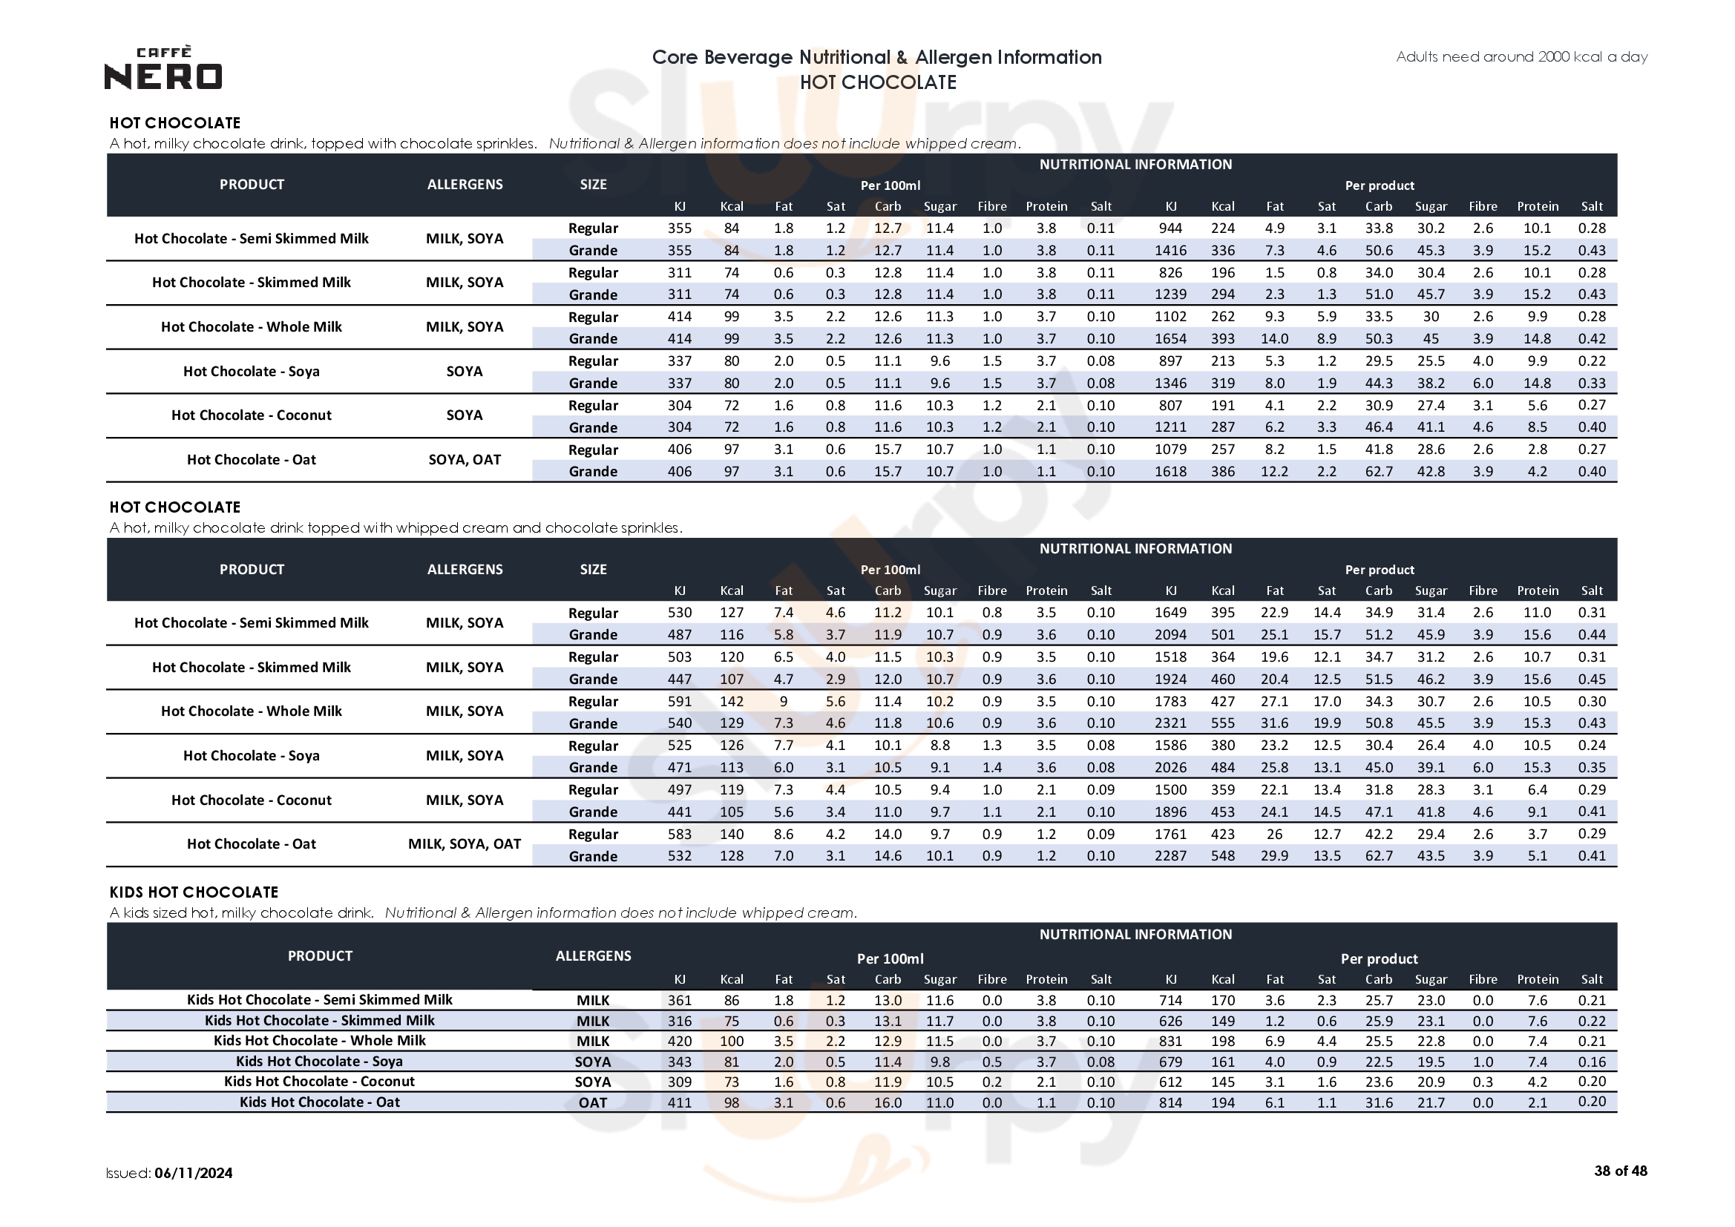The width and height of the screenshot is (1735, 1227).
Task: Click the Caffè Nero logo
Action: pyautogui.click(x=163, y=68)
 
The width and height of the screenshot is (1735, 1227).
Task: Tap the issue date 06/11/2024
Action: pyautogui.click(x=194, y=1173)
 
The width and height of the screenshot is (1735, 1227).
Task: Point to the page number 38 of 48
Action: pyautogui.click(x=1620, y=1171)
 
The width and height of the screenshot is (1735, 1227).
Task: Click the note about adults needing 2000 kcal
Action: pyautogui.click(x=1521, y=56)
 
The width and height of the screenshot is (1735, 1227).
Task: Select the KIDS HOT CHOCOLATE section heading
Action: pyautogui.click(x=194, y=892)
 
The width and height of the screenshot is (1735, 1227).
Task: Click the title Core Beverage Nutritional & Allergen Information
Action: pyautogui.click(x=876, y=57)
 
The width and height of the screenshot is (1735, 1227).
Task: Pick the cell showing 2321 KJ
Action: pyautogui.click(x=1170, y=723)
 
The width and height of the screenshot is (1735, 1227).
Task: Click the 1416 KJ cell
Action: pyautogui.click(x=1170, y=250)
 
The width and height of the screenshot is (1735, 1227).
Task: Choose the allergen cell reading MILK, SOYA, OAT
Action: pyautogui.click(x=465, y=844)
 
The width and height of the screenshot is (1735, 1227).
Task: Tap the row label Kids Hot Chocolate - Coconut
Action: pyautogui.click(x=319, y=1081)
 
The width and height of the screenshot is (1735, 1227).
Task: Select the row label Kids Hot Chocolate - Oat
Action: pyautogui.click(x=319, y=1102)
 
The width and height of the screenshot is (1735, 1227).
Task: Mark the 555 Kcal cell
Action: pyautogui.click(x=1223, y=723)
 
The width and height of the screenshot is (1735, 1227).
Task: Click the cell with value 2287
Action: pyautogui.click(x=1170, y=856)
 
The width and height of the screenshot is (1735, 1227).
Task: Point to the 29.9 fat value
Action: pyautogui.click(x=1275, y=856)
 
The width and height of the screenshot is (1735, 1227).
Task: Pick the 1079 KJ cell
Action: pyautogui.click(x=1170, y=450)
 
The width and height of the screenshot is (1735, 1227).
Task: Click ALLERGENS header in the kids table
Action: pyautogui.click(x=593, y=955)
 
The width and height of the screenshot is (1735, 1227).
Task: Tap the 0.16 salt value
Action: pyautogui.click(x=1592, y=1062)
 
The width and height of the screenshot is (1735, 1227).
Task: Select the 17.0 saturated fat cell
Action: pyautogui.click(x=1327, y=701)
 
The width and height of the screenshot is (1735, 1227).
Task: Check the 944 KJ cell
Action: pyautogui.click(x=1170, y=228)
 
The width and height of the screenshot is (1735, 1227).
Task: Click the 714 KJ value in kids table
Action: pyautogui.click(x=1170, y=1000)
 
